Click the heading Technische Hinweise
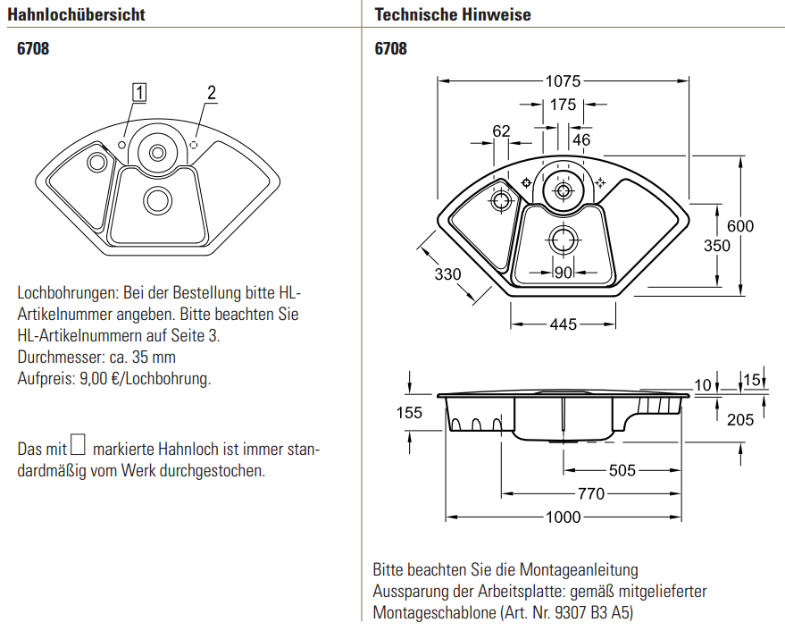click(x=453, y=14)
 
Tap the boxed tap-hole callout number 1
click(x=139, y=91)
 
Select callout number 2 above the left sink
click(x=212, y=92)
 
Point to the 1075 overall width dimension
click(x=563, y=80)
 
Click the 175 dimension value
click(x=563, y=105)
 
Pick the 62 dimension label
click(x=501, y=130)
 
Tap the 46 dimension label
click(x=581, y=139)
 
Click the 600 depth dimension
click(x=739, y=226)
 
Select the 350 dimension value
click(x=717, y=247)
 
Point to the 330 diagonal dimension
click(x=448, y=274)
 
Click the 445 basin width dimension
click(x=564, y=324)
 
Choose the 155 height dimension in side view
click(x=409, y=412)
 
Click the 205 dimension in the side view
click(x=740, y=419)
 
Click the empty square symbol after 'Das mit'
click(x=79, y=444)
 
